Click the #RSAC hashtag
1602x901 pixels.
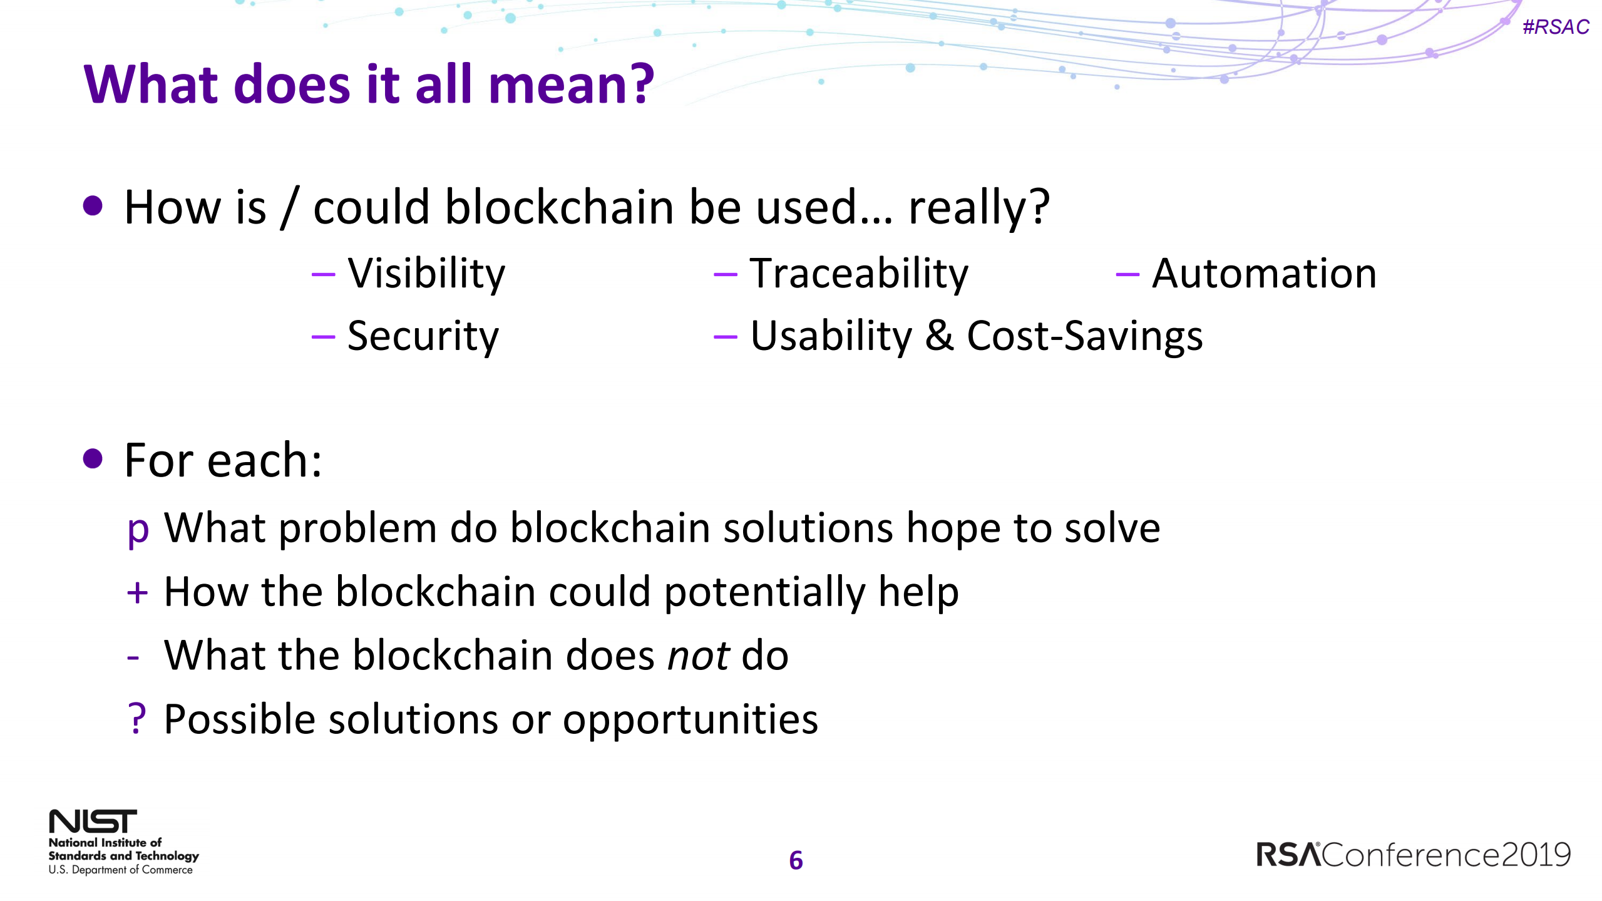(1555, 27)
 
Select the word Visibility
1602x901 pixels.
(426, 274)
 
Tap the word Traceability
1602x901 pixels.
(859, 274)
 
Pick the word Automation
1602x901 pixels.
(1264, 274)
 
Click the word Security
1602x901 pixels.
(423, 336)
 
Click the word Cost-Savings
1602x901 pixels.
(1084, 336)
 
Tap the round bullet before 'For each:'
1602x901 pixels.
(93, 459)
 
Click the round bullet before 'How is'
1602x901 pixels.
(93, 205)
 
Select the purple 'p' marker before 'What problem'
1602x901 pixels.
(137, 530)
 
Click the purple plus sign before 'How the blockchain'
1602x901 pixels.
(137, 592)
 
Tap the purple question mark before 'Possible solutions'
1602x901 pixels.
(136, 718)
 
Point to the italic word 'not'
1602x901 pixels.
(697, 656)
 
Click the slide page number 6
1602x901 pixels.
(796, 860)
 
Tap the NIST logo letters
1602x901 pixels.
(93, 821)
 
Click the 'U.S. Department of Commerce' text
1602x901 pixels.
(120, 870)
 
